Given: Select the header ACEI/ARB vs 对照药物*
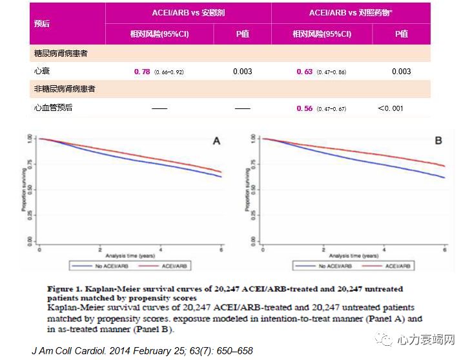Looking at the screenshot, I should pyautogui.click(x=351, y=13).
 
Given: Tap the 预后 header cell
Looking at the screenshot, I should pyautogui.click(x=42, y=23).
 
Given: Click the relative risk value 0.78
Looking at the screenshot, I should pyautogui.click(x=142, y=71).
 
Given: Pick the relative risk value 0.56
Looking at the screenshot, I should pyautogui.click(x=305, y=108).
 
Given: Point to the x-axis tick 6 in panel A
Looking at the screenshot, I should pyautogui.click(x=221, y=248).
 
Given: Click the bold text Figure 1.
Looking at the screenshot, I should pyautogui.click(x=66, y=289).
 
